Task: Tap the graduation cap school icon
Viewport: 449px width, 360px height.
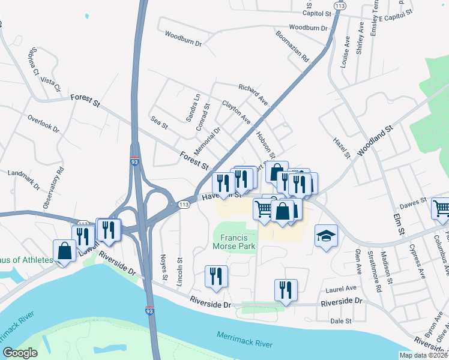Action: tap(326, 235)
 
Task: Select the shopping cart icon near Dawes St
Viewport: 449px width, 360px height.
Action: tap(441, 208)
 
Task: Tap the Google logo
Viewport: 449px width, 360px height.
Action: tap(20, 353)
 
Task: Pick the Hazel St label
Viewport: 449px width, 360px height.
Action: tap(342, 148)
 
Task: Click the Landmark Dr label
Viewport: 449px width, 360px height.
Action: tap(23, 181)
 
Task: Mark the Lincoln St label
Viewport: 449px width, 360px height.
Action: tap(179, 270)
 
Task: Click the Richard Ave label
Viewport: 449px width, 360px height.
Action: tap(253, 93)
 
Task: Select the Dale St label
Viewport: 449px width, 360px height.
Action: tap(340, 321)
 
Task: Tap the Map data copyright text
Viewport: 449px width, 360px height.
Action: tap(424, 355)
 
